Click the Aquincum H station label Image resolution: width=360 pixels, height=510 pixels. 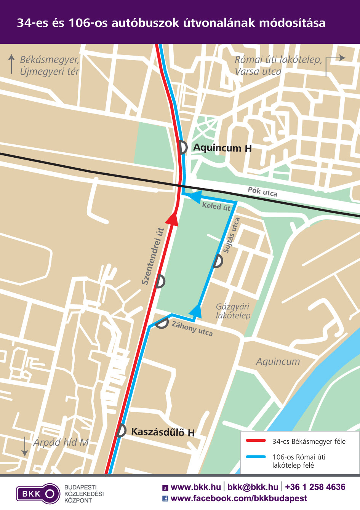point(222,148)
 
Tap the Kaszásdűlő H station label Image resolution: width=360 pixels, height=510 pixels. point(163,432)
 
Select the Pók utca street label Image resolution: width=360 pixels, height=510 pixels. point(262,192)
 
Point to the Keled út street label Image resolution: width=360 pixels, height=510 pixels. point(216,206)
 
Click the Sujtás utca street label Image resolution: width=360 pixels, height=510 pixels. point(231,235)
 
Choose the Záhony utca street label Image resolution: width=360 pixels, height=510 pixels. point(192,328)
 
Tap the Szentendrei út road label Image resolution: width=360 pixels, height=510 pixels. point(152,256)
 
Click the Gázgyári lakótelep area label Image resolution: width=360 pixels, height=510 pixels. point(233,311)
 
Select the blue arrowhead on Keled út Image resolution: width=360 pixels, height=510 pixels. point(195,197)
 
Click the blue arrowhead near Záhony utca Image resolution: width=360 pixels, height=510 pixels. point(196,311)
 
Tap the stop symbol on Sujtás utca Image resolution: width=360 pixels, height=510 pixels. point(218,261)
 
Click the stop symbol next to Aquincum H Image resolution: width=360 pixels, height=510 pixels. point(183,147)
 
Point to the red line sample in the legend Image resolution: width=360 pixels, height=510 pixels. point(256,441)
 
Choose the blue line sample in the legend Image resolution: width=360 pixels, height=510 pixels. point(256,457)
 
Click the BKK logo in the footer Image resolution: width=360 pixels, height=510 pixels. point(38,494)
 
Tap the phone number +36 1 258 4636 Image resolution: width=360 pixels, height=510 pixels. point(315,487)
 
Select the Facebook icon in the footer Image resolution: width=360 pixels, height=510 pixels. point(165,498)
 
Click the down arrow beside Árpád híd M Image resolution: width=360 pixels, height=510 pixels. point(25,446)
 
